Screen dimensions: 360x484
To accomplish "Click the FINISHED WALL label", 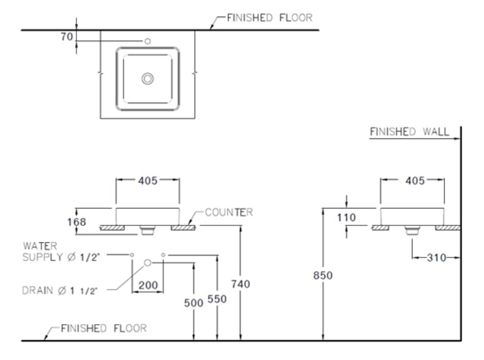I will pos(409,132).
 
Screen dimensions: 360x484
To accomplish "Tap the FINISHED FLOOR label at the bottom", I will pos(104,327).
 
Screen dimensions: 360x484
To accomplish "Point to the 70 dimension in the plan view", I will pos(65,38).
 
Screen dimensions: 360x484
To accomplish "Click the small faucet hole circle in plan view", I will pos(147,41).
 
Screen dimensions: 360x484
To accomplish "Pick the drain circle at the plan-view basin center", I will pos(148,78).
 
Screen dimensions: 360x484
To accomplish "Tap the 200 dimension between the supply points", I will pos(148,285).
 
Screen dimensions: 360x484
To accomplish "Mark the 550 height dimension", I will pos(216,299).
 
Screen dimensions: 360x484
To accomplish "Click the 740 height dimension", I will pos(240,284).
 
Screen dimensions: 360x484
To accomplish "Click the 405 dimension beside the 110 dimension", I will pos(413,180).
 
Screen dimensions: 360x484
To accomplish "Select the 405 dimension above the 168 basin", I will pos(148,180).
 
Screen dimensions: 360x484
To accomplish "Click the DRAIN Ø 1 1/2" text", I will pos(62,289).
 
